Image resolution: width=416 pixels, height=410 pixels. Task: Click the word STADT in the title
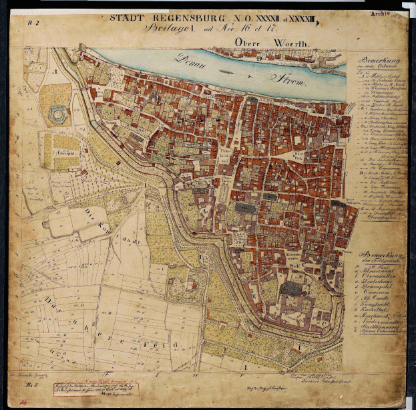(x=126, y=18)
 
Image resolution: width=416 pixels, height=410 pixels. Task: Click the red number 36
(x=23, y=402)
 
